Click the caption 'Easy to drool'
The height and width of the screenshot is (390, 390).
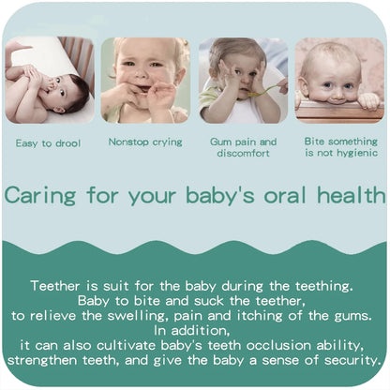tap(49, 143)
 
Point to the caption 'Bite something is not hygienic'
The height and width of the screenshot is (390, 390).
tap(339, 146)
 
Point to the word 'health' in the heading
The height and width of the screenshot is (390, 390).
tap(350, 196)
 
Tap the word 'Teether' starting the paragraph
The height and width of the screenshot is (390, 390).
tap(56, 284)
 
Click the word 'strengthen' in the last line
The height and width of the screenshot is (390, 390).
tap(44, 360)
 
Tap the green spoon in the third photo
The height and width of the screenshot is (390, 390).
tap(265, 91)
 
